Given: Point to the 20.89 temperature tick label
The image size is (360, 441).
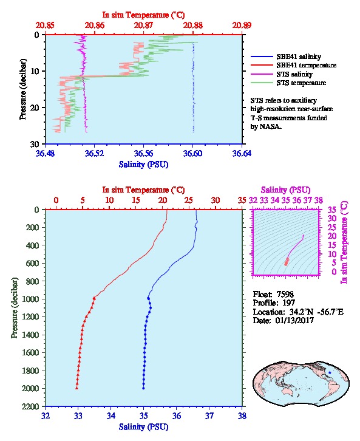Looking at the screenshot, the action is (x=242, y=26).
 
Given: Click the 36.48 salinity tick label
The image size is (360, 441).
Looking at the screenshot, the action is (x=46, y=154).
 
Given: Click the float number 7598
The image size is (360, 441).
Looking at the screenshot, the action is (x=285, y=295).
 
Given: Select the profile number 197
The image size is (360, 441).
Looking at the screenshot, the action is (x=288, y=303).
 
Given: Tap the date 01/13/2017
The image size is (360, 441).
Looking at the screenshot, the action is (x=294, y=320).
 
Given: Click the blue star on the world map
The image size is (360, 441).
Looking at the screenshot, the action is (x=330, y=372).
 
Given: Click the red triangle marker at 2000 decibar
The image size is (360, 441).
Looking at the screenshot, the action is (x=76, y=388).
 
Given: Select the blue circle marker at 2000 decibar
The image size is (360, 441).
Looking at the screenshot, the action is (x=143, y=388).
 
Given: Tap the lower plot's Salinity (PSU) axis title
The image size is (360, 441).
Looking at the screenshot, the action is (x=144, y=427).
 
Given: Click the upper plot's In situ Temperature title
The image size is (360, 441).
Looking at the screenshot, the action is (x=143, y=15).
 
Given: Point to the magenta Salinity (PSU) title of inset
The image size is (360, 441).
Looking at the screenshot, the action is (x=285, y=190).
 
